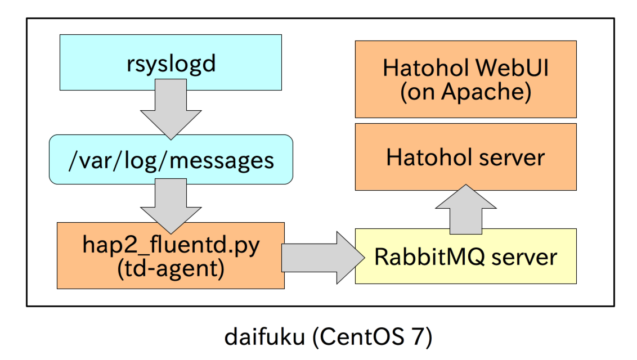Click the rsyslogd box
coord(171,62)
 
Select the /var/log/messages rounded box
coord(171,160)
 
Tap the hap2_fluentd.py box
coord(171,255)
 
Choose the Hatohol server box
coord(465,157)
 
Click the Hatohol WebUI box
coord(465,79)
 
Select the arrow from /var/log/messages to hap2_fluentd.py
coord(171,202)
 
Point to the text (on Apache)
coord(465,92)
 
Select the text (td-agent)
coord(171,268)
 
